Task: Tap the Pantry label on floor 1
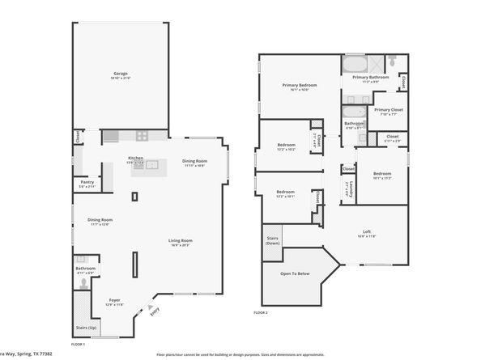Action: coord(87,183)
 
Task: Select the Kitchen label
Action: coord(135,158)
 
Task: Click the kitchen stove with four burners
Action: coord(141,136)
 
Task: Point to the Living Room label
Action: coord(180,240)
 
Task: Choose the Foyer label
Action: coord(114,300)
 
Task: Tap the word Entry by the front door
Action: coord(155,310)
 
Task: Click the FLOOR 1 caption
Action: coord(78,345)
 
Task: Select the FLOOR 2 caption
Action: coord(260,312)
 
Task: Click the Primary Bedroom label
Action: coord(299,85)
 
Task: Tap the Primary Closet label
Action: coord(387,110)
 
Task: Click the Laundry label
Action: coord(347,188)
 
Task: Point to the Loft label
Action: coord(368,233)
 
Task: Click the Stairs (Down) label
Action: coord(273,241)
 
